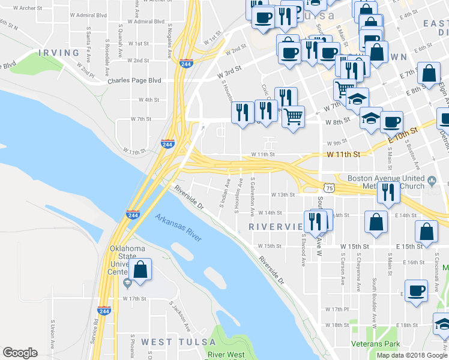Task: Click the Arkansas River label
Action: [178, 228]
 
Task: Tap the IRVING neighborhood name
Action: [59, 53]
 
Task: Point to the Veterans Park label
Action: [376, 344]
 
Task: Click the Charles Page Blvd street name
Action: [134, 80]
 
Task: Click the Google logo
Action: [20, 353]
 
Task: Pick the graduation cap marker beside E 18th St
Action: [442, 325]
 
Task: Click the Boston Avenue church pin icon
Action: [432, 179]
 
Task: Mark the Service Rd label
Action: [95, 330]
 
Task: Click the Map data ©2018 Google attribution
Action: [412, 355]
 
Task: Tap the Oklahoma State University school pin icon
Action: [127, 283]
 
